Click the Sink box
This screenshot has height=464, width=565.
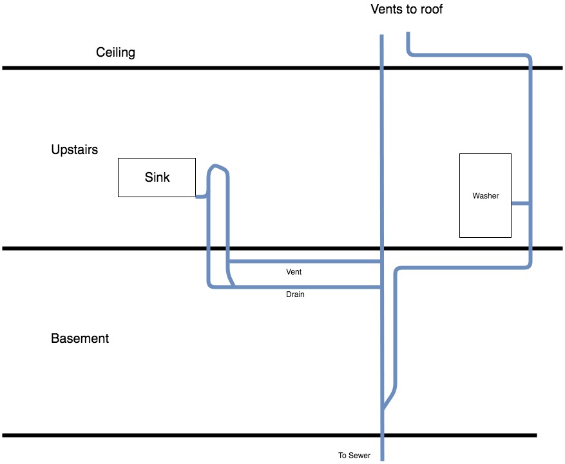coord(157,177)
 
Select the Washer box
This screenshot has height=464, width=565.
coord(485,195)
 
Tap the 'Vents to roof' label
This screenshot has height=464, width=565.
coord(407,9)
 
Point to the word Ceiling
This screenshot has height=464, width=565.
coord(115,52)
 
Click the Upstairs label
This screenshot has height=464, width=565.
coord(75,150)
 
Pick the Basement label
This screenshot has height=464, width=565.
coord(80,338)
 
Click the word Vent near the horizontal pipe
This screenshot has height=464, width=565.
coord(294,272)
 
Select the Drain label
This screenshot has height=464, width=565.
coord(295,295)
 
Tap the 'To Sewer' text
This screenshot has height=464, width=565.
coord(354,456)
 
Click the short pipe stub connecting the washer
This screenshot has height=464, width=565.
coord(521,204)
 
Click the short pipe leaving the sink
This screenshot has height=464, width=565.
coord(202,197)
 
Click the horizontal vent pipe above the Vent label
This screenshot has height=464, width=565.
coord(305,261)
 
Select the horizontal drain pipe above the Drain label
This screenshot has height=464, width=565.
coord(307,287)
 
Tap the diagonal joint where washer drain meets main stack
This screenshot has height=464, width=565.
coord(390,399)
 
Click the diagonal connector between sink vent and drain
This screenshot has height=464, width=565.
coord(231,278)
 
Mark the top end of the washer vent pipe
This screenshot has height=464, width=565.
coord(408,33)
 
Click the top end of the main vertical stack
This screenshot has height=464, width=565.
coord(381,35)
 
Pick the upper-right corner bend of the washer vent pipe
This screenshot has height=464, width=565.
coord(528,57)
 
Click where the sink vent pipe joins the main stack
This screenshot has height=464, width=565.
coord(381,261)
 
